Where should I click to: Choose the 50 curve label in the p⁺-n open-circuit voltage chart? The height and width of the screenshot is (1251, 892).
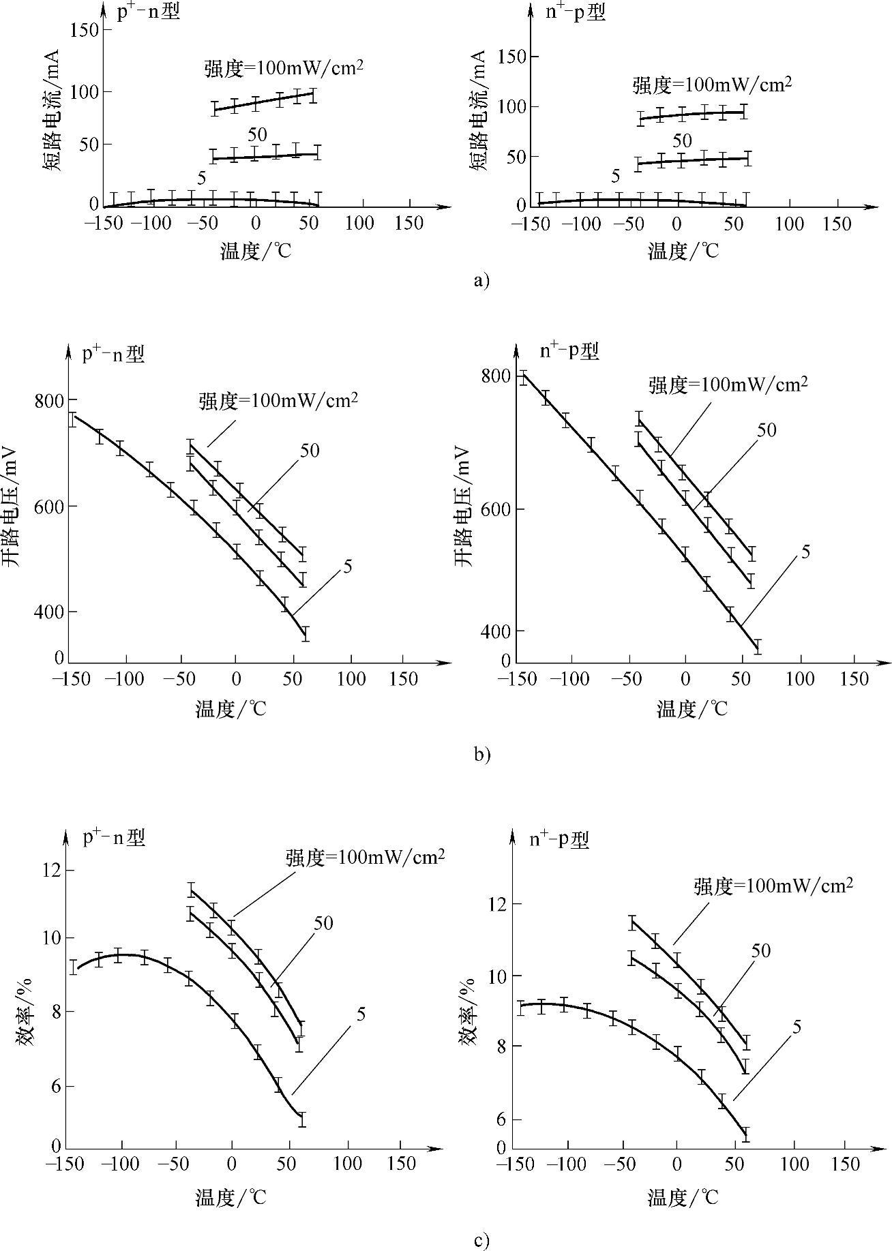click(x=309, y=450)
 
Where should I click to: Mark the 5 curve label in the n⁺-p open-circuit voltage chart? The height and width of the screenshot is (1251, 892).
click(x=805, y=552)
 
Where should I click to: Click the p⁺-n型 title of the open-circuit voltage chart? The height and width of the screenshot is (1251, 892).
click(x=114, y=354)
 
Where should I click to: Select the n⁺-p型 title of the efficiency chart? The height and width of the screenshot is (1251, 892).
click(x=559, y=839)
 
